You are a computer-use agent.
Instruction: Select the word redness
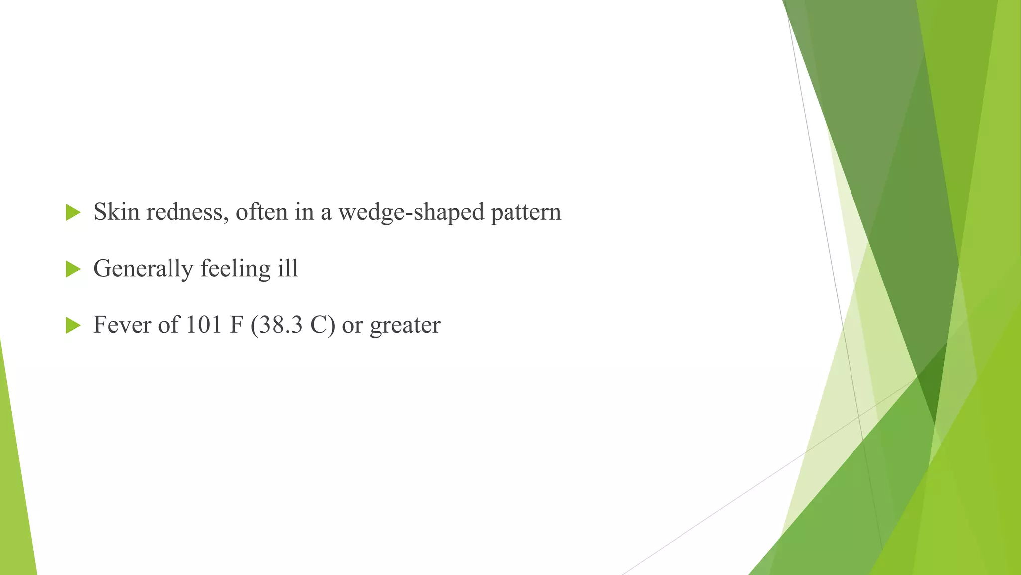tap(187, 212)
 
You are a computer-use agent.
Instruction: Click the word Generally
tap(143, 269)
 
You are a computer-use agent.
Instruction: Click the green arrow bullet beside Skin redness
tap(73, 212)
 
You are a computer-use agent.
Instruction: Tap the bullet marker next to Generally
tap(73, 269)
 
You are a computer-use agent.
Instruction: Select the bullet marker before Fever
tap(73, 326)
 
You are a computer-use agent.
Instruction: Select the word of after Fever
tap(169, 325)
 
